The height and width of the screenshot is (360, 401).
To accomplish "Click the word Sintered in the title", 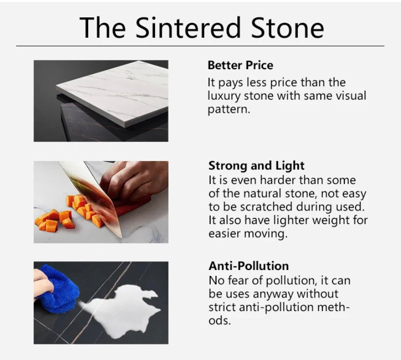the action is pos(188,28).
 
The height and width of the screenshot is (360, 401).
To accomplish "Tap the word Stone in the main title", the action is pos(288,28).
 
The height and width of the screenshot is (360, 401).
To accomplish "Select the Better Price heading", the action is pos(240,65).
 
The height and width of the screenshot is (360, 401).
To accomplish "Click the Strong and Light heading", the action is pos(257,165).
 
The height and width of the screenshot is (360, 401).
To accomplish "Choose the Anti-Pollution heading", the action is pos(248,266).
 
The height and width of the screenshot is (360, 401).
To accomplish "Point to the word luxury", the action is pos(224,96).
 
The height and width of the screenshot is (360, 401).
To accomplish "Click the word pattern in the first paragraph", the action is pos(229,110).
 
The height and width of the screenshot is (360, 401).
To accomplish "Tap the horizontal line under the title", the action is pos(200,46).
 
